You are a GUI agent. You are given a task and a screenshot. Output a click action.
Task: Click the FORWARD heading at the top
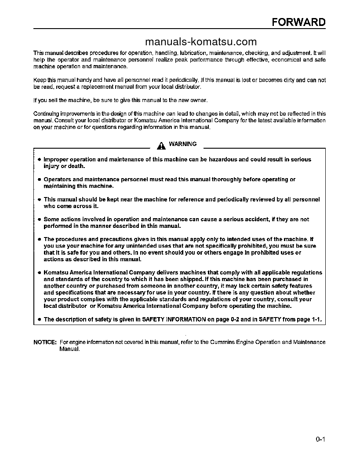pos(298,22)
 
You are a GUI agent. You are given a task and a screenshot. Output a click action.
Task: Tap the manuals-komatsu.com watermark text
pos(200,42)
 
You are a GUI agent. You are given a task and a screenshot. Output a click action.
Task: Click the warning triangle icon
pos(162,145)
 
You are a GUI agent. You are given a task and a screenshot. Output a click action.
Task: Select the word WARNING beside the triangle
pos(183,144)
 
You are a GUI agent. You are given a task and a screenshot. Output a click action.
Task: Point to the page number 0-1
pos(320,438)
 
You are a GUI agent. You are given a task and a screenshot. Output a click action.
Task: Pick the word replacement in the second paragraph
pos(83,87)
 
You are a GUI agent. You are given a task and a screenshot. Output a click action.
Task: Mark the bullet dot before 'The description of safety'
pos(39,320)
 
